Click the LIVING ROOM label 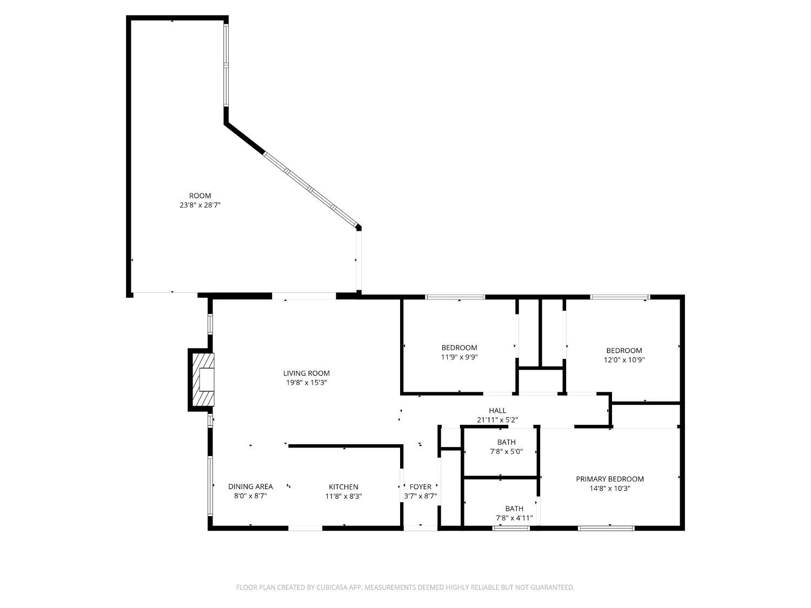coord(306,373)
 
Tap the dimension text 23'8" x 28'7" coord(200,205)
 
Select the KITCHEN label coord(343,486)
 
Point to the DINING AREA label coord(250,486)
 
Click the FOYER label coord(420,486)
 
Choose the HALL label coord(497,411)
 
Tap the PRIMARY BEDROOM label coord(609,479)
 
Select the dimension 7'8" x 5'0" coord(506,451)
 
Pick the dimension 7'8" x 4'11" coord(514,518)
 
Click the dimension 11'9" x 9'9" coord(459,357)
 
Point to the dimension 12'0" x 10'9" coord(624,359)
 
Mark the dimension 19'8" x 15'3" coord(306,383)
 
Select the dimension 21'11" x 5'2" coord(497,420)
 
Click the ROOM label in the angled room coord(200,196)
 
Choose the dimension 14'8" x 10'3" coord(609,489)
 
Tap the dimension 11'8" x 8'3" coord(343,496)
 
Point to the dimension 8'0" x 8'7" coord(250,496)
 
